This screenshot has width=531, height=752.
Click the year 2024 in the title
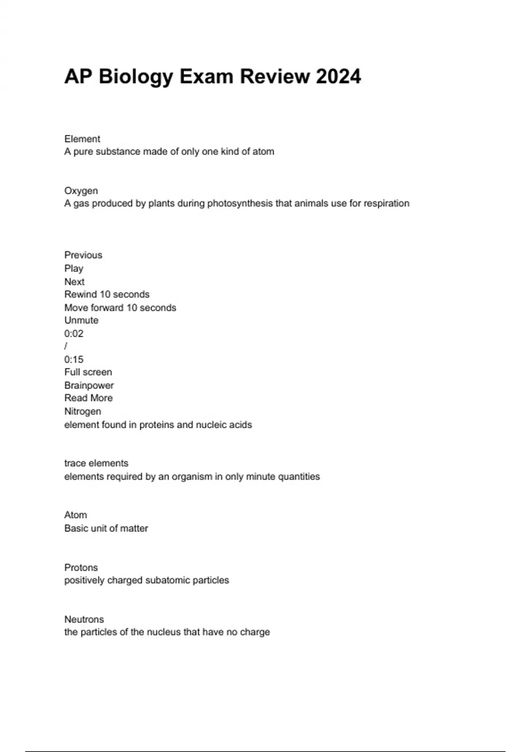(x=339, y=77)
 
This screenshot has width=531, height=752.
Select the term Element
(x=82, y=139)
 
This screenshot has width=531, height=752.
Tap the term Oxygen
(x=81, y=191)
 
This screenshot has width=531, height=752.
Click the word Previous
(x=83, y=255)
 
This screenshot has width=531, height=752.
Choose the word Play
(x=73, y=269)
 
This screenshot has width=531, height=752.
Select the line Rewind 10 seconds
(x=107, y=295)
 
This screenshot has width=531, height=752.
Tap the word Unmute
(x=81, y=320)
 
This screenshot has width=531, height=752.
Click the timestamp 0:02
(x=73, y=334)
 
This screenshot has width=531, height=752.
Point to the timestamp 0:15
(x=73, y=360)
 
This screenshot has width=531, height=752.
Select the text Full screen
(x=88, y=372)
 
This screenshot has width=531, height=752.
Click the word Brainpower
(x=89, y=385)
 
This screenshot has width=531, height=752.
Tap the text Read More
(x=88, y=398)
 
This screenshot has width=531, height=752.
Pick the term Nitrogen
(x=83, y=411)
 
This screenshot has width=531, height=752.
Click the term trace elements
(x=96, y=463)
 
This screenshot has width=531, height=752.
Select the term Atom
(x=76, y=515)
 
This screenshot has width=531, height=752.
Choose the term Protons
(x=81, y=568)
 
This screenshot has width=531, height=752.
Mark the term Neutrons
(x=84, y=619)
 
